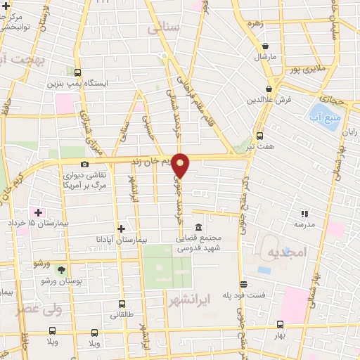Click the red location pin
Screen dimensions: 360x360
point(181,165)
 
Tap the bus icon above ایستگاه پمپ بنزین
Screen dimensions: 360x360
point(77,72)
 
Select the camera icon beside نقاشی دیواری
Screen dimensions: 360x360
point(85,164)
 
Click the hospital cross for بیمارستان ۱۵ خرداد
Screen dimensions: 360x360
point(38,212)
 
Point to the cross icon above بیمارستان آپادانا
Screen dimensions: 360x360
point(122,228)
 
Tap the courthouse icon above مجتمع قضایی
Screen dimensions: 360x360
point(198,228)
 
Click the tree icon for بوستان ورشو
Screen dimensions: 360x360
point(62,270)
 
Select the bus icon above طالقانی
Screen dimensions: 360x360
point(122,304)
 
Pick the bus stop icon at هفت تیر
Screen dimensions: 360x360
point(260,136)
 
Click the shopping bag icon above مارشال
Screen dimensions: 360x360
point(266,46)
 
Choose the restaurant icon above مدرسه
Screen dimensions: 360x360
point(304,213)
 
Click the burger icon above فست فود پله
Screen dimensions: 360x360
point(244,284)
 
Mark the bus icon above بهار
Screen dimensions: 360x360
point(280,324)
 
